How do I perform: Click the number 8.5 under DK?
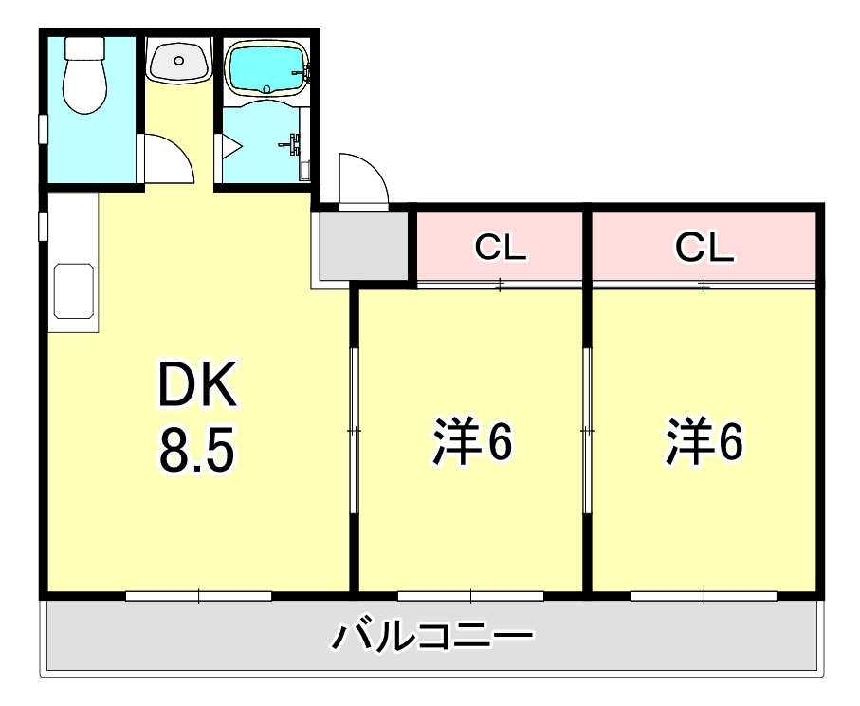coord(196,453)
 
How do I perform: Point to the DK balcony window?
coord(198,596)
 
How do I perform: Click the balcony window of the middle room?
coord(470,596)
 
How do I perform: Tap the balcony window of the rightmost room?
coord(704,596)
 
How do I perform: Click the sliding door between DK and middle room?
coord(354,431)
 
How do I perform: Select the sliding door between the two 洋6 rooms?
coord(587,431)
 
